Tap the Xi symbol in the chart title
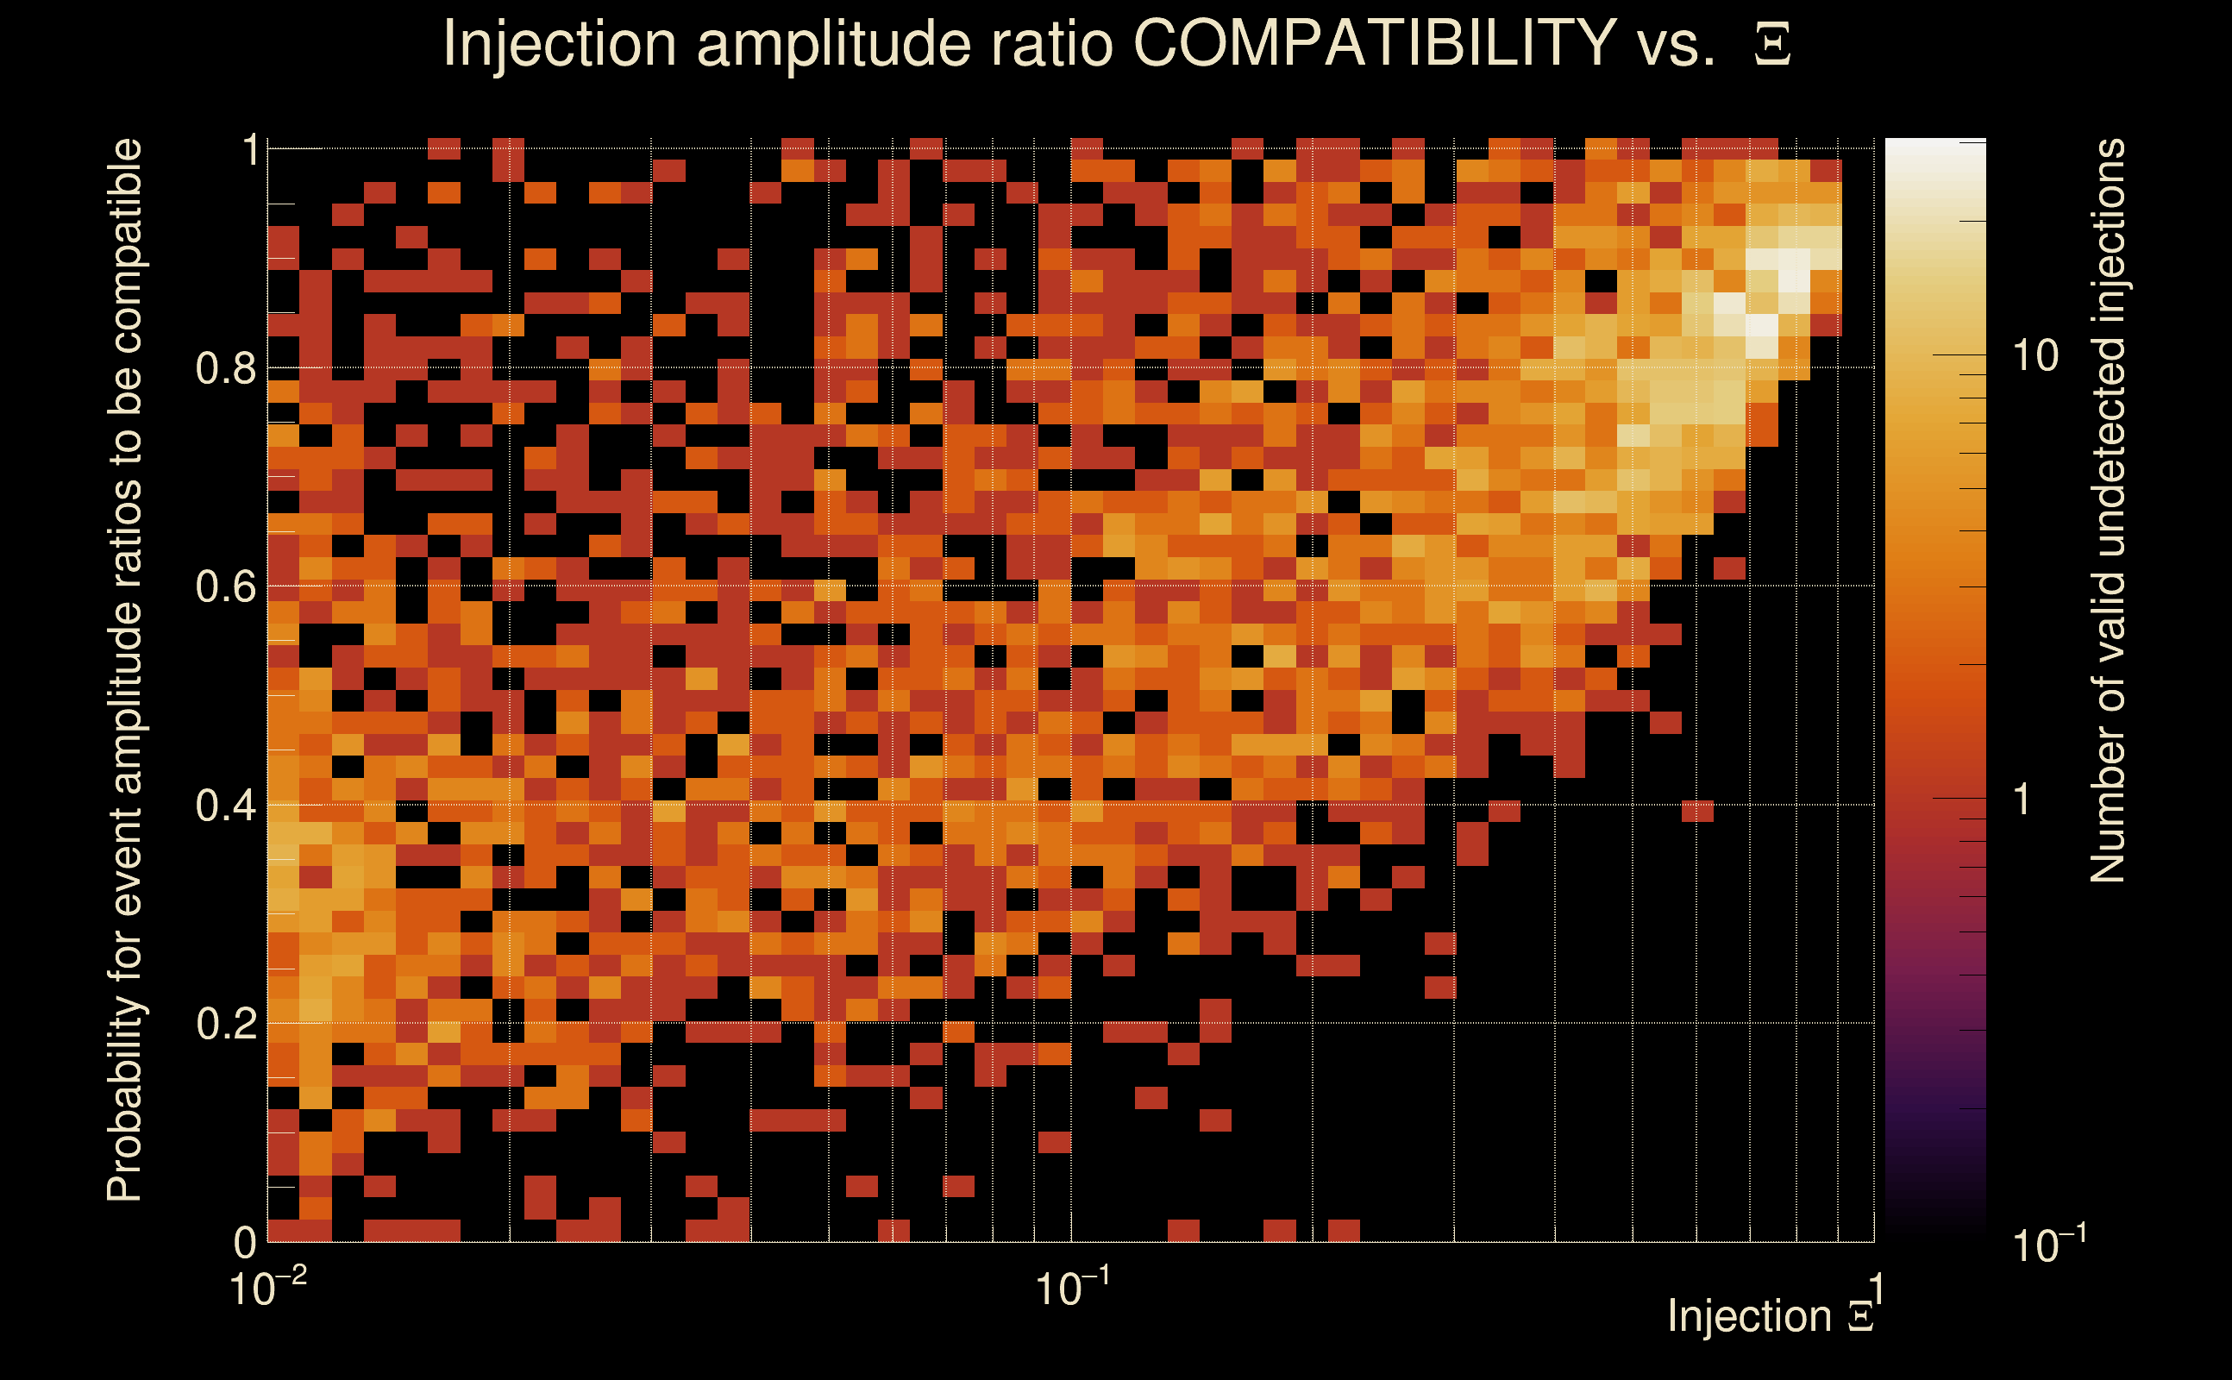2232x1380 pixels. [1772, 45]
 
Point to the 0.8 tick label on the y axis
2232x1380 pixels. [227, 369]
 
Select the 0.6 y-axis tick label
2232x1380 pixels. [227, 586]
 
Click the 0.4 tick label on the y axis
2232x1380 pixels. [227, 805]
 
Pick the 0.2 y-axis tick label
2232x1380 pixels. [227, 1023]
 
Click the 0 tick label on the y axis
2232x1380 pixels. [245, 1241]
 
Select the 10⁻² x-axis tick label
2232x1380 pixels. [267, 1288]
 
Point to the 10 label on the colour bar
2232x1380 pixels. [2035, 356]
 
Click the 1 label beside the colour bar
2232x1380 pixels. [2022, 800]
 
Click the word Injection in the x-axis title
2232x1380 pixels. [1749, 1316]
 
